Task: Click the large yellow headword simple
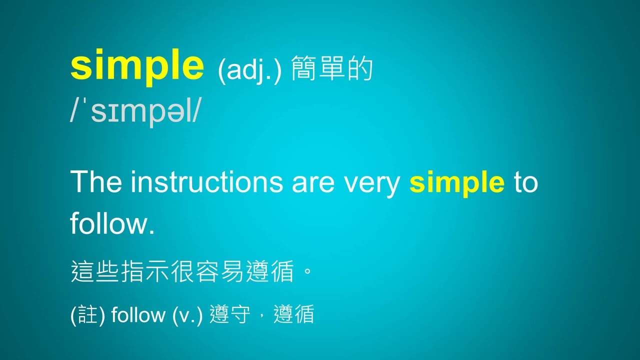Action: coord(137,66)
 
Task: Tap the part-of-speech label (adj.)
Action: coord(249,70)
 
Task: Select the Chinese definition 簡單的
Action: coord(332,68)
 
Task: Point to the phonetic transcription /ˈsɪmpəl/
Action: coord(135,112)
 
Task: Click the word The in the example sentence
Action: coord(96,181)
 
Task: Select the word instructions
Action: coord(207,181)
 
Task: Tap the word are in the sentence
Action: coord(313,184)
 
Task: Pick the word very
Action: coord(371,185)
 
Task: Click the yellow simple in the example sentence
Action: coord(457,183)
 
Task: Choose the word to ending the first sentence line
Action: coord(525,182)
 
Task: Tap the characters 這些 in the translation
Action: coord(95,271)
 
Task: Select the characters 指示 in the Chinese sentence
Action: coord(145,271)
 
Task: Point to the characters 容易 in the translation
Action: coord(220,271)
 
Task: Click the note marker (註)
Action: coord(87,315)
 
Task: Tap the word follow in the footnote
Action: coord(138,314)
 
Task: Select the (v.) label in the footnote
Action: coord(187,315)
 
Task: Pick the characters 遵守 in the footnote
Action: coord(230,314)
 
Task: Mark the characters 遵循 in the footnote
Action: coord(294,314)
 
